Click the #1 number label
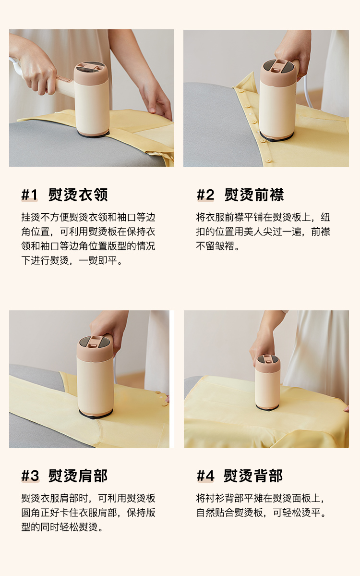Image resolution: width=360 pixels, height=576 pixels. click(29, 195)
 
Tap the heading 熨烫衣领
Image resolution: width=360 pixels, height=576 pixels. click(78, 195)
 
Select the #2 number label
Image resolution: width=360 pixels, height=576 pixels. click(205, 195)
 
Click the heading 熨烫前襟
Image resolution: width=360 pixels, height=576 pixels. click(254, 195)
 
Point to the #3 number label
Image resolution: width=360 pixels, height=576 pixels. click(30, 476)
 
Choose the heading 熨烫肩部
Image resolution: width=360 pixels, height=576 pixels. click(78, 476)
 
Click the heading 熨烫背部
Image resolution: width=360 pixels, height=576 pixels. click(253, 476)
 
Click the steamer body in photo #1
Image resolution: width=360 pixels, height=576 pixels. click(92, 99)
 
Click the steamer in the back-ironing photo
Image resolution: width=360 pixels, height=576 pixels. click(267, 383)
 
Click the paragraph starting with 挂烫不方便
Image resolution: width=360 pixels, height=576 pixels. click(88, 239)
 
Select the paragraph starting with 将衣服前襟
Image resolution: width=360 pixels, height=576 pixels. click(263, 232)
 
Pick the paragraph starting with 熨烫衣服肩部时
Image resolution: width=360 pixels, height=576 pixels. click(88, 513)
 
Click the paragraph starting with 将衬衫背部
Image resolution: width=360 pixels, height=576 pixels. click(262, 505)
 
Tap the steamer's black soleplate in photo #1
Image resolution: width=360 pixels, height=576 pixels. click(93, 134)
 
